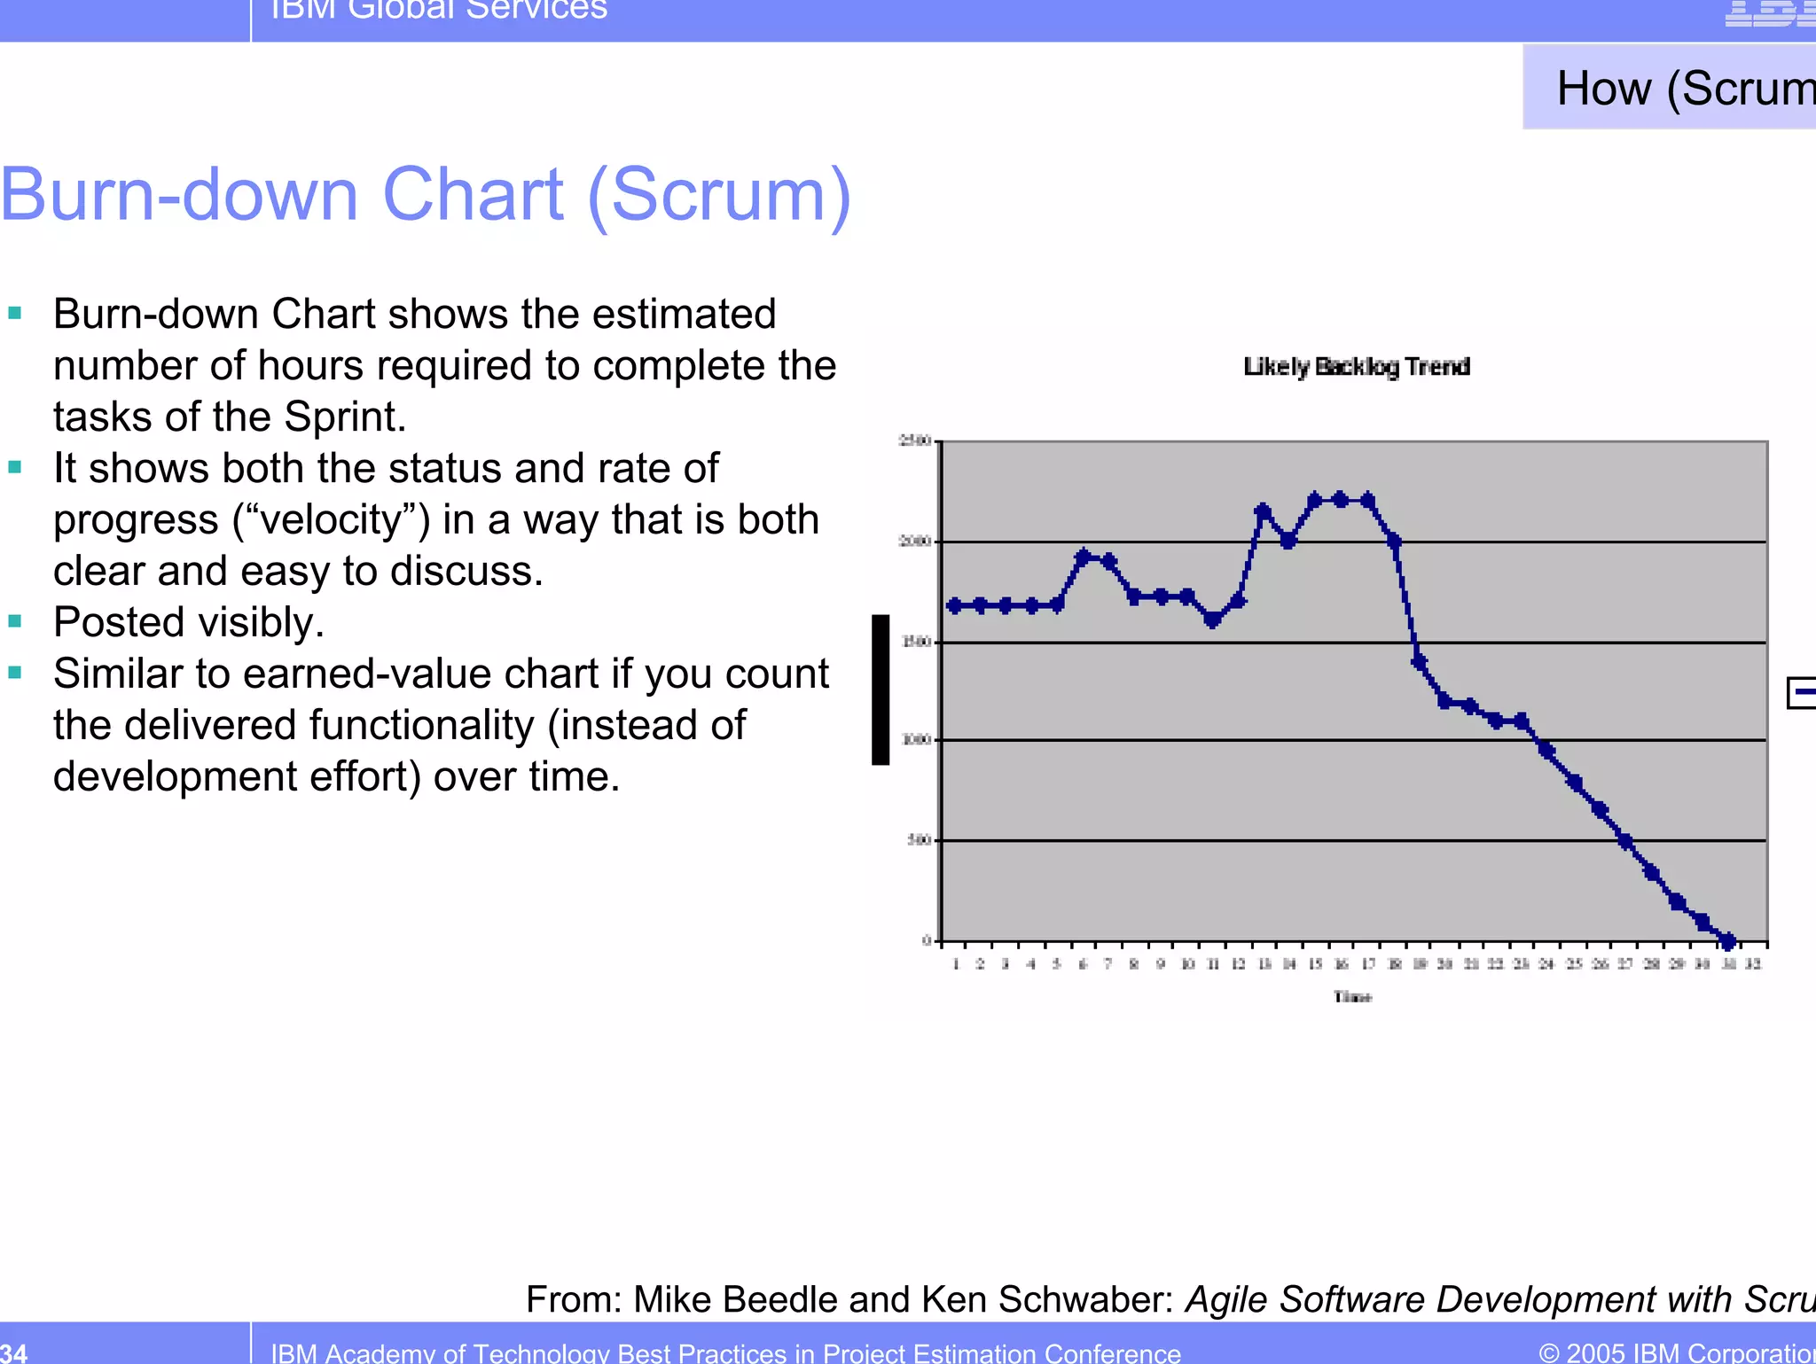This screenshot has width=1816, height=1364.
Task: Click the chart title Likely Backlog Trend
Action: click(x=1356, y=366)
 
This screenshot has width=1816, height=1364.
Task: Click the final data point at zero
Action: click(x=1727, y=940)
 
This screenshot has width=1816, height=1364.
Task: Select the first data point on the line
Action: click(x=955, y=606)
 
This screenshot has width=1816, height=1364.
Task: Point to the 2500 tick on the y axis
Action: click(x=914, y=440)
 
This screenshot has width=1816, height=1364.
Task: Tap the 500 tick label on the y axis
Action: click(x=918, y=839)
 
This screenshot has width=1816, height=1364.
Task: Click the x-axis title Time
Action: click(x=1352, y=997)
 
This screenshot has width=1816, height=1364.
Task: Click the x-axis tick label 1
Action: click(x=956, y=964)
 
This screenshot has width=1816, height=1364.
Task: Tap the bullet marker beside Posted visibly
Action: click(x=14, y=622)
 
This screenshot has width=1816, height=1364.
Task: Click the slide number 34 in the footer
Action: click(x=14, y=1352)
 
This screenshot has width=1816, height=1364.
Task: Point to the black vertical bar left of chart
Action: click(x=881, y=690)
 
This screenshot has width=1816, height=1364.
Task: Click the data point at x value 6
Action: click(x=1083, y=557)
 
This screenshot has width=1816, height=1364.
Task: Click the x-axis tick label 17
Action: click(x=1368, y=964)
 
